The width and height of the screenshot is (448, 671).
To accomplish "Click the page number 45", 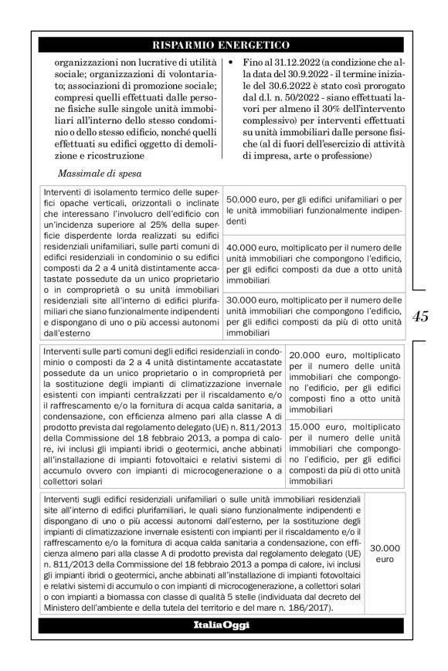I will pyautogui.click(x=420, y=316).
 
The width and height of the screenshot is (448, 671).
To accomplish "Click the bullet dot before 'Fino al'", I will pyautogui.click(x=233, y=61).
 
